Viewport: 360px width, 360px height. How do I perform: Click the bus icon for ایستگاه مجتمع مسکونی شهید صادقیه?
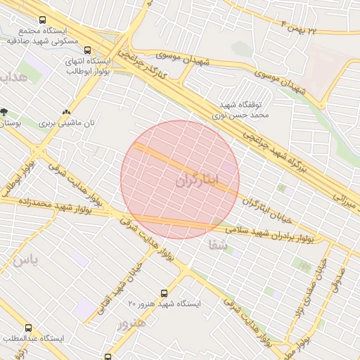point(44,21)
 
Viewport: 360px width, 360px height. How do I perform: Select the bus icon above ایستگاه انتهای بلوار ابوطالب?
point(88,50)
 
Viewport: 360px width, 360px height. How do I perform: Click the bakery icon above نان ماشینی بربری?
point(67,111)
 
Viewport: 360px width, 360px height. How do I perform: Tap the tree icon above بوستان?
point(5,111)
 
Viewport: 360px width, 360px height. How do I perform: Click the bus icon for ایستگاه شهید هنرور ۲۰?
point(165,292)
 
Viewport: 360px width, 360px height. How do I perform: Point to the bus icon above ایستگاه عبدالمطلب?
point(29,328)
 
